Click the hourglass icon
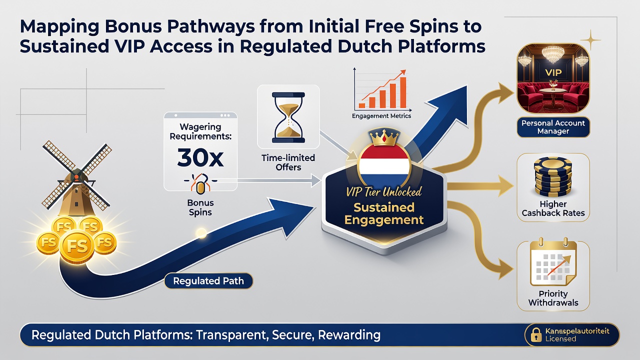[x=288, y=117]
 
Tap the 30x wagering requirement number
[x=200, y=157]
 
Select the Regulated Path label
[x=208, y=281]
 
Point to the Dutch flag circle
[x=384, y=165]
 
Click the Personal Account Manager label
[x=553, y=127]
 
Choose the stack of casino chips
[x=553, y=177]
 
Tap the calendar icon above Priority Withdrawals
[x=553, y=263]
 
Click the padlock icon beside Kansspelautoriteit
[x=536, y=334]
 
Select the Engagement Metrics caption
[x=381, y=116]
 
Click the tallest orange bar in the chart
[x=403, y=92]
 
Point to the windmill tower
[x=75, y=197]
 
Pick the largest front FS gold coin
[x=76, y=246]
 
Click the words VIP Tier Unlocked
[x=383, y=191]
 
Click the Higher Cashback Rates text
[x=553, y=208]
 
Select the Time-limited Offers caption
[x=288, y=162]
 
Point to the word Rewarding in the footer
[x=349, y=335]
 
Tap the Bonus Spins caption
[x=200, y=207]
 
